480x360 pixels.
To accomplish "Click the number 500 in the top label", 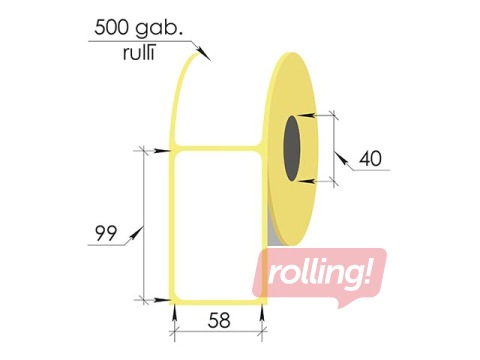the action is pos(111,27).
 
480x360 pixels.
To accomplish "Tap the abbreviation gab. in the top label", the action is pos(159,29).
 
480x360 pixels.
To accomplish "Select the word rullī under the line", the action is pos(139,53).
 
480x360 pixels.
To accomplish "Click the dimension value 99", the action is pos(106,233).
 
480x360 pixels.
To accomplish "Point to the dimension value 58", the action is pos(219,321).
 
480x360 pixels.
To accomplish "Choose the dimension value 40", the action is pos(370,159).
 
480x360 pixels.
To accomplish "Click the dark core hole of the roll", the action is pos(292,148).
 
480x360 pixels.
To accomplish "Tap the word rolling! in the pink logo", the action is pos(319,274).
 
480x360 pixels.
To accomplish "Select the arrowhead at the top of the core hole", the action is pos(306,115).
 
